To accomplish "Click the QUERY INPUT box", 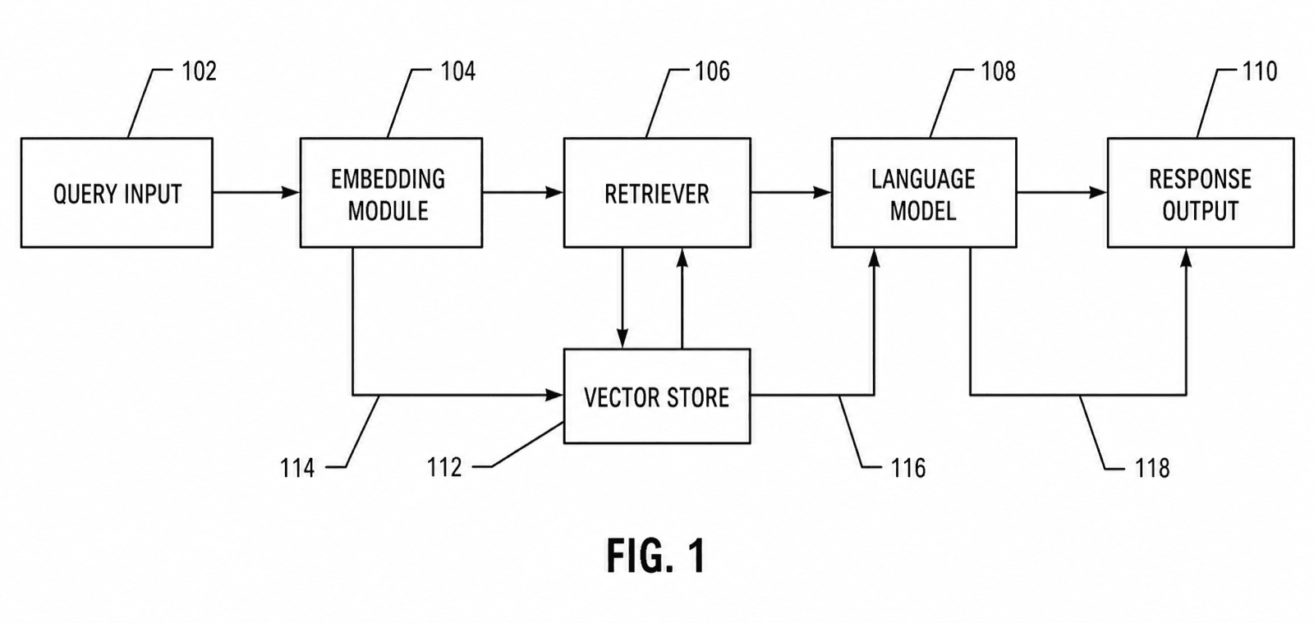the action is pos(117,193).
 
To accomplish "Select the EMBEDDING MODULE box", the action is pos(391,193).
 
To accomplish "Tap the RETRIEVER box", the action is pos(657,193).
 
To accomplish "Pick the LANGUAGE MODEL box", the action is pos(924,193).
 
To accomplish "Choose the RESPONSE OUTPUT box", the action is pos(1201,193).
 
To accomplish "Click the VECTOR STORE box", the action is pos(657,396).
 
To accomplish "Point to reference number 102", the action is pos(199,71).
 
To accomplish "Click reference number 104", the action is pos(458,71).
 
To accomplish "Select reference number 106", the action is pos(713,71).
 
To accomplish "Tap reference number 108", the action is pos(999,71).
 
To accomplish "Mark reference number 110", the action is pos(1260,71).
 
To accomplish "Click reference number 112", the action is pos(444,468).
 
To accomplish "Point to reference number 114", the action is pos(297,468).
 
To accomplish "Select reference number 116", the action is pos(908,468).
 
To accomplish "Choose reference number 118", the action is pos(1153,468).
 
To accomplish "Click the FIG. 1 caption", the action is pos(656,556).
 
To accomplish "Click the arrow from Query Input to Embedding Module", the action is pos(256,192).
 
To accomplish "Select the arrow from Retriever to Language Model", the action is pos(791,192).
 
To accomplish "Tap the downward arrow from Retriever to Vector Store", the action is pos(623,298).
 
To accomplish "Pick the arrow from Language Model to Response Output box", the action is pos(1063,192).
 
